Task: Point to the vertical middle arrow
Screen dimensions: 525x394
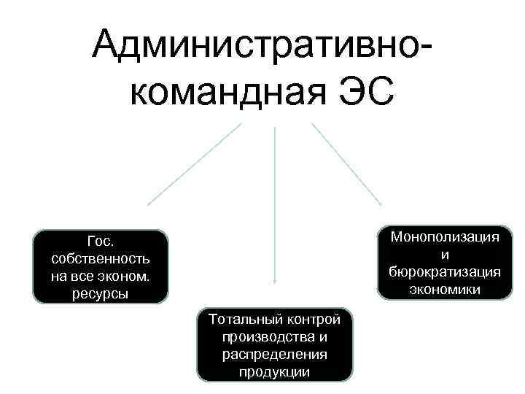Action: click(274, 204)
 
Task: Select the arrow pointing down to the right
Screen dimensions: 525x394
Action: click(346, 163)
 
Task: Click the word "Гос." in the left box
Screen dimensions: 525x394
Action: click(101, 242)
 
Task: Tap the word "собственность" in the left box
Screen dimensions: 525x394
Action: click(101, 259)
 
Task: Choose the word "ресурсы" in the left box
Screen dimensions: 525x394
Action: click(101, 294)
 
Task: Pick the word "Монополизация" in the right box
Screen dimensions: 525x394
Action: click(446, 237)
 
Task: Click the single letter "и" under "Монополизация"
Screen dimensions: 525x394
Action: click(445, 255)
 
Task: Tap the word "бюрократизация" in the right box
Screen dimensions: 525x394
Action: click(445, 271)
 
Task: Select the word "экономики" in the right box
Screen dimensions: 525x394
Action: click(445, 289)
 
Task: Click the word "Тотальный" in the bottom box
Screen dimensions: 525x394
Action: click(240, 320)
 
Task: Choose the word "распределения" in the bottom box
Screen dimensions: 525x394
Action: click(274, 355)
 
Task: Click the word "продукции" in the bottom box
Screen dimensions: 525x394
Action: click(274, 372)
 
